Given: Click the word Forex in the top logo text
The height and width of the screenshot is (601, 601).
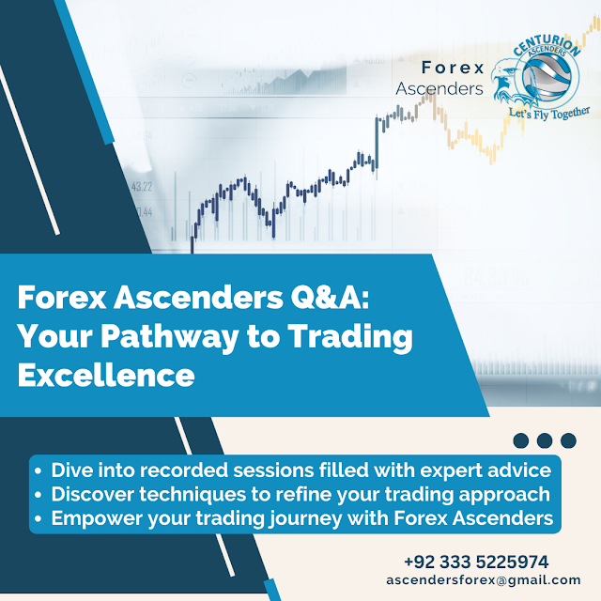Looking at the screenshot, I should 453,68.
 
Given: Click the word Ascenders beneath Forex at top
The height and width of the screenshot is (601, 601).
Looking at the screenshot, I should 439,89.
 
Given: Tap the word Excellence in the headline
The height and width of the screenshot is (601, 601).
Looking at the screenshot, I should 106,375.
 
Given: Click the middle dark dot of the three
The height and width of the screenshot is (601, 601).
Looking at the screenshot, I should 546,439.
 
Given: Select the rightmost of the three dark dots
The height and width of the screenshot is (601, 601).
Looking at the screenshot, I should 568,439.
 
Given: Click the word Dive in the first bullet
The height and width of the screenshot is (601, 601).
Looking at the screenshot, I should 69,469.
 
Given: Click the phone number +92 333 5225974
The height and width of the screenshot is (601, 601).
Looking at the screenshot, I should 476,562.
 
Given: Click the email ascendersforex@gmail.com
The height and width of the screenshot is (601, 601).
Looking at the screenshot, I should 484,580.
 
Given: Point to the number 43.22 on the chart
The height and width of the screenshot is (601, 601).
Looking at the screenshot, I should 142,186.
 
